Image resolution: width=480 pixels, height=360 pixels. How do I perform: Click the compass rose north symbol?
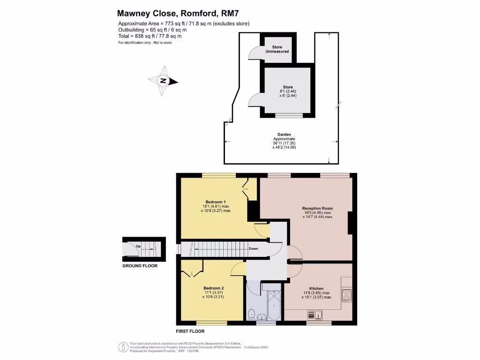[x=164, y=81]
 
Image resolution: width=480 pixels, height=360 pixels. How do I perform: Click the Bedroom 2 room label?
[x=213, y=288]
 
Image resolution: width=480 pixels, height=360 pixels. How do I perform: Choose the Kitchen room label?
[x=316, y=288]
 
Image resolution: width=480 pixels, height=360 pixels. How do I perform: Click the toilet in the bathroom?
[x=252, y=314]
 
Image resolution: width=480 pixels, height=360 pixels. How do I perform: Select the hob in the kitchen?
[x=347, y=295]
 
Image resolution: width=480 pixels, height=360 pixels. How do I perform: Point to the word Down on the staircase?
[x=254, y=248]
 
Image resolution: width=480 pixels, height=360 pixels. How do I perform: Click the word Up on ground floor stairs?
[x=138, y=246]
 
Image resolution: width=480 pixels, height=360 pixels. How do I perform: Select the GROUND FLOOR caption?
[x=140, y=266]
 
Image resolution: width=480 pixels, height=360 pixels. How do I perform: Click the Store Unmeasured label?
[x=280, y=49]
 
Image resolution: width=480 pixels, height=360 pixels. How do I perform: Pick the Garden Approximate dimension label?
[x=284, y=139]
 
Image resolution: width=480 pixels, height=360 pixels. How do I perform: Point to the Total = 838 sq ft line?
[x=150, y=36]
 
